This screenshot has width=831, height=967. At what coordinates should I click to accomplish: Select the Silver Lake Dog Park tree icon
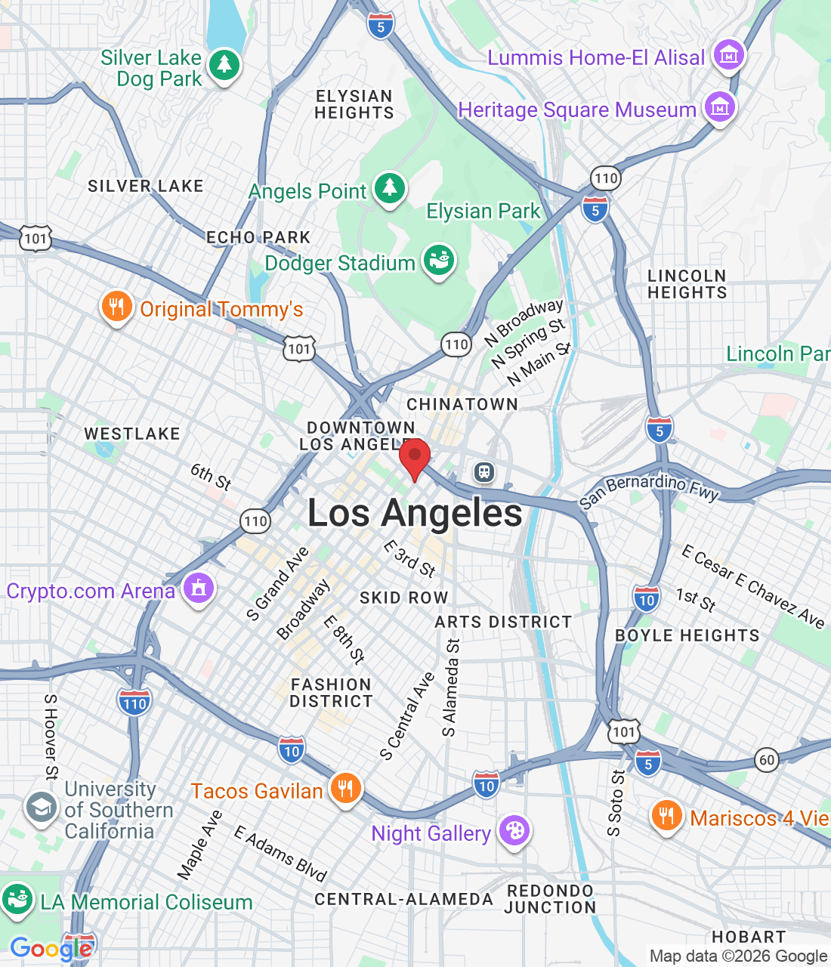224,66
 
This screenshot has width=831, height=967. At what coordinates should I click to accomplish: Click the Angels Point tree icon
390,189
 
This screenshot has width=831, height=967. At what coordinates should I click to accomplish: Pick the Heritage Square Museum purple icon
720,108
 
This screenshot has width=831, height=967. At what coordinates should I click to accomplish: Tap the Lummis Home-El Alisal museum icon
729,55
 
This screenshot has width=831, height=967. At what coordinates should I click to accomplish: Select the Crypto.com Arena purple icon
199,589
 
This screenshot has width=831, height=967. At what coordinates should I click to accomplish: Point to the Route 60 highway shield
767,759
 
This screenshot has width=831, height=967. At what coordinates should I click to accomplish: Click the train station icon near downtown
484,473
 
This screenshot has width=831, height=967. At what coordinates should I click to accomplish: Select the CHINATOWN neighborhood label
462,404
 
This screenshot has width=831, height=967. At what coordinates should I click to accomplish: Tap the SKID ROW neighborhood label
404,598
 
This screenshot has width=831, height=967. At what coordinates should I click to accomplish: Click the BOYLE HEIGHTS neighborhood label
687,635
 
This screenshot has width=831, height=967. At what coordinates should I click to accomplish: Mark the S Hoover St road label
51,737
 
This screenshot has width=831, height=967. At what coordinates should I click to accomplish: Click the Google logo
51,949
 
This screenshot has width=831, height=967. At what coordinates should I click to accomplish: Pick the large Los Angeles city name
415,514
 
